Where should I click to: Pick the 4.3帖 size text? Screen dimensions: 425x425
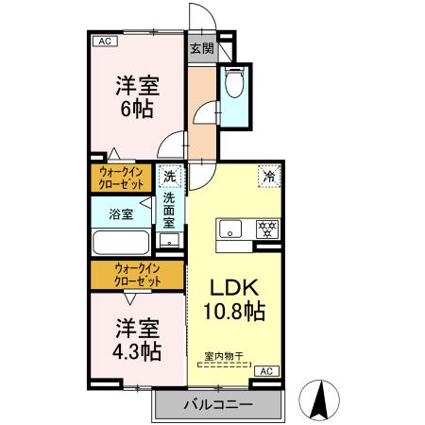pos(137,351)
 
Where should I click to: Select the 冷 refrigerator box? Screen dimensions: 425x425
pos(269,175)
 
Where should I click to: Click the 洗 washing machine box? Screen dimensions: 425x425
pos(170,176)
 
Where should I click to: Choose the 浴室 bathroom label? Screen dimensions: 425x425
pos(120,213)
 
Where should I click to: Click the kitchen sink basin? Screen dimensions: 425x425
pos(231,229)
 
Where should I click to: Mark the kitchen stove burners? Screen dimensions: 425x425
pos(268,228)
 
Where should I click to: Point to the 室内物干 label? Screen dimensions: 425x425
pos(225,356)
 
